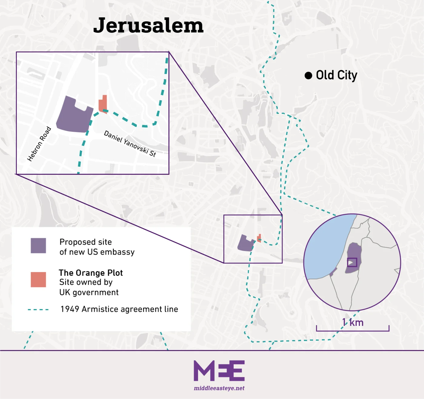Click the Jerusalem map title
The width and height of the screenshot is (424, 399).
pyautogui.click(x=148, y=25)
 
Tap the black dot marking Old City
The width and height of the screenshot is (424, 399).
pyautogui.click(x=308, y=75)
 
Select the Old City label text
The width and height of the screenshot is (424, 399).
pyautogui.click(x=336, y=75)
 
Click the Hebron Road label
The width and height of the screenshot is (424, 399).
pyautogui.click(x=39, y=144)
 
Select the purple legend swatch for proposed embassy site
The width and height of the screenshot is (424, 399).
pyautogui.click(x=38, y=245)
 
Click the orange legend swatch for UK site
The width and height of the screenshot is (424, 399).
pyautogui.click(x=38, y=279)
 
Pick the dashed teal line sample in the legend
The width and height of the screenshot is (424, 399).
pyautogui.click(x=38, y=310)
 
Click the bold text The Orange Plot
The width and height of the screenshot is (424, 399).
pyautogui.click(x=91, y=273)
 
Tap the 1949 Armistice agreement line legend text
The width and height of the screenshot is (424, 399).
pyautogui.click(x=119, y=309)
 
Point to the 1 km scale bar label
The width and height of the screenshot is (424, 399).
pyautogui.click(x=353, y=322)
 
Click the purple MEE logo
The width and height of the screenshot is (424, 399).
pyautogui.click(x=219, y=371)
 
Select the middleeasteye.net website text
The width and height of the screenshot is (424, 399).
pyautogui.click(x=219, y=388)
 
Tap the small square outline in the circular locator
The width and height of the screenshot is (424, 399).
pyautogui.click(x=352, y=262)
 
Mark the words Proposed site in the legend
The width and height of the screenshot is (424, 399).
pyautogui.click(x=86, y=242)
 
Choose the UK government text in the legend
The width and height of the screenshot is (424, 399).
pyautogui.click(x=89, y=292)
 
